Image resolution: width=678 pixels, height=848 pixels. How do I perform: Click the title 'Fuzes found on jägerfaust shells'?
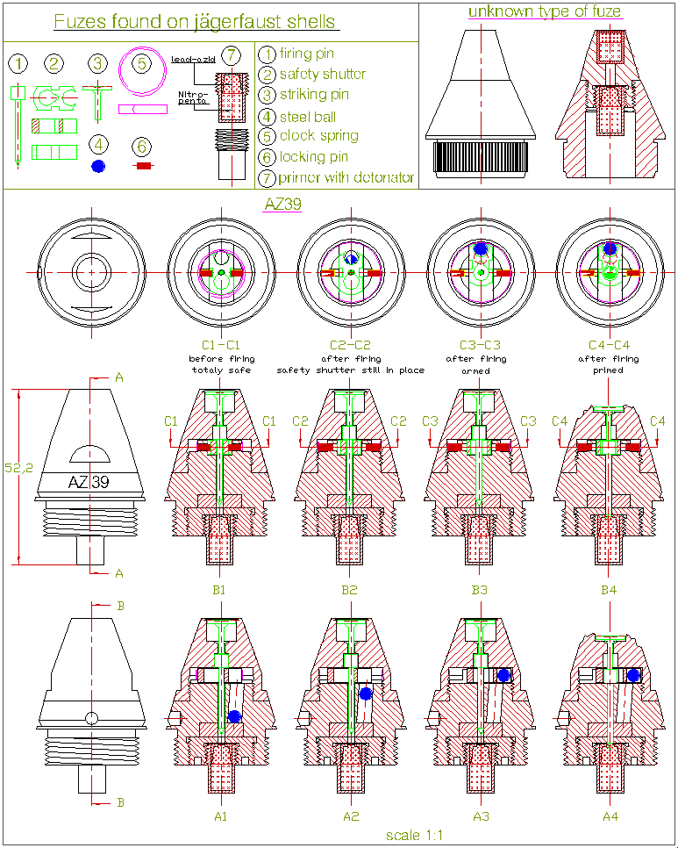click(x=195, y=22)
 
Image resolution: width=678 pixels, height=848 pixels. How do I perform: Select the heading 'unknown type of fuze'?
click(x=545, y=11)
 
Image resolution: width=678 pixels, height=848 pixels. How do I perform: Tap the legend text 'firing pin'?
click(x=306, y=54)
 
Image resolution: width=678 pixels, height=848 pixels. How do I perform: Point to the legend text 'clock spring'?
click(x=318, y=136)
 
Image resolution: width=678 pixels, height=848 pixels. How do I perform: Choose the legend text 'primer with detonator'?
click(x=346, y=178)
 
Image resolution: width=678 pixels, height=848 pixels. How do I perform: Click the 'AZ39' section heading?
click(x=283, y=205)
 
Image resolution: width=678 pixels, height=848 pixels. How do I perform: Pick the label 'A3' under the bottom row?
click(x=479, y=816)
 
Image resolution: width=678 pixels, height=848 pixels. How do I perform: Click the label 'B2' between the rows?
click(x=349, y=590)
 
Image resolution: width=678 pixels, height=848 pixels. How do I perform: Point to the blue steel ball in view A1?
click(x=234, y=716)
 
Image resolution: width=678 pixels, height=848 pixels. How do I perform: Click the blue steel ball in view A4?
click(x=633, y=674)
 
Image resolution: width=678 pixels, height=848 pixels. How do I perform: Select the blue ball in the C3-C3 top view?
click(x=480, y=248)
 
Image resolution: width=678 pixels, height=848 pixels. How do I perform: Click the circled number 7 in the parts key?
click(x=230, y=55)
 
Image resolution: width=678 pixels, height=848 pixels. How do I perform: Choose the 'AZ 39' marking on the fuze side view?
click(x=89, y=482)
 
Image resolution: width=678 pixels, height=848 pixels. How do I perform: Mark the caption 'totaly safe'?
click(x=221, y=370)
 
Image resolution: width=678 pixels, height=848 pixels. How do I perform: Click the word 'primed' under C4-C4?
click(x=609, y=370)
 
